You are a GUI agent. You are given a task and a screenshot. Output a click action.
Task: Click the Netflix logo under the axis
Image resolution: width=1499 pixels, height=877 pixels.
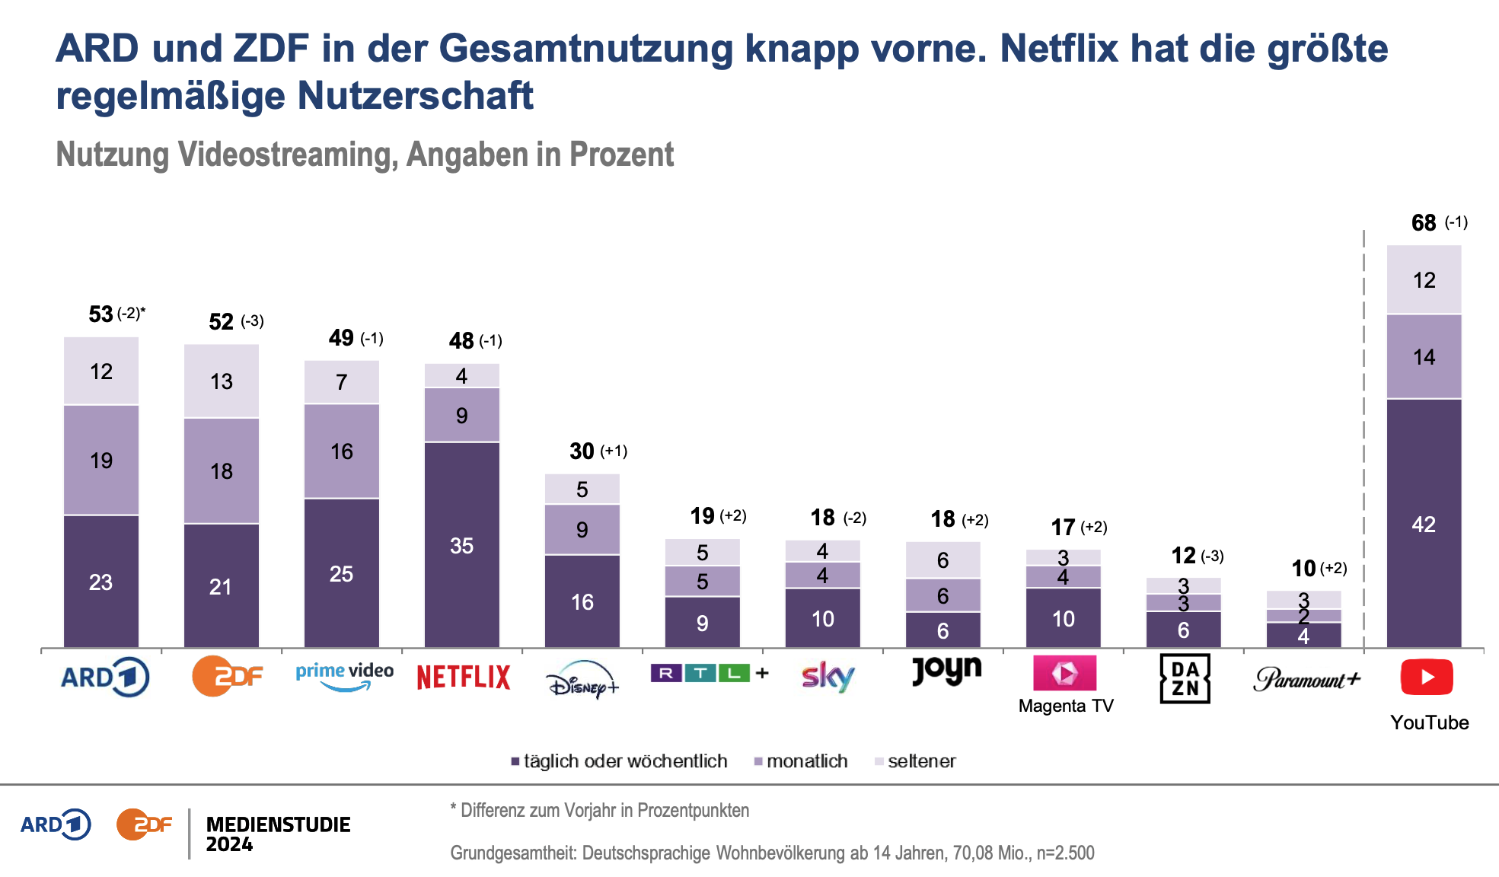tap(463, 677)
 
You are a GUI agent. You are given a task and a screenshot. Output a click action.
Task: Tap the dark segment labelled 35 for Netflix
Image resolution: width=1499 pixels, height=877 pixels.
tap(462, 545)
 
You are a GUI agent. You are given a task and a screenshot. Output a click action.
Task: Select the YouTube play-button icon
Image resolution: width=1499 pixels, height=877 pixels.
tap(1427, 677)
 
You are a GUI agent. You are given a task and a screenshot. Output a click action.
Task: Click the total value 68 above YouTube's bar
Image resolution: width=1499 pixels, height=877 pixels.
tap(1424, 223)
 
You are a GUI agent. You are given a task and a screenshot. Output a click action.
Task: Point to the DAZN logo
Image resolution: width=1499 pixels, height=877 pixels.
tap(1185, 678)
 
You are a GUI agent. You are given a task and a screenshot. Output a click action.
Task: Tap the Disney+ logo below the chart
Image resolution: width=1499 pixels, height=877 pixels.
tap(583, 678)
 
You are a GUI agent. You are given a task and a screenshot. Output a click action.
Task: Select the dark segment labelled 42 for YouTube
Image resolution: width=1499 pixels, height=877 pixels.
tap(1424, 524)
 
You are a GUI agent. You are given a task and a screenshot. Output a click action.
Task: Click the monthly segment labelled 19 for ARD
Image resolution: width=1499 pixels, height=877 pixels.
tap(101, 461)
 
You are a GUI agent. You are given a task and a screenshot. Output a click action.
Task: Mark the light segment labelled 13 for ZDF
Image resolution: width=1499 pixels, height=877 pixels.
tap(222, 381)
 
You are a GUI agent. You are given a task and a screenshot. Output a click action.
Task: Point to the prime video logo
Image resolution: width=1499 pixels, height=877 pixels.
tap(345, 675)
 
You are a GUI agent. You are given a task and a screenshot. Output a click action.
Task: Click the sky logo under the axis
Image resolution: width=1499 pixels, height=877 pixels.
tap(828, 676)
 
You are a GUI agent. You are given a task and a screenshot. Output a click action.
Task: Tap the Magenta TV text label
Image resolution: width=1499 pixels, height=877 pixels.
tap(1066, 706)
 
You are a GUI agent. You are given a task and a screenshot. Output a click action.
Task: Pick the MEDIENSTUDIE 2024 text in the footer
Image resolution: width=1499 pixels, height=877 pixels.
tap(278, 834)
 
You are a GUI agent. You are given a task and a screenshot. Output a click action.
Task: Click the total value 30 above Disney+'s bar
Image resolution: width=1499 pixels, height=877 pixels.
tap(582, 451)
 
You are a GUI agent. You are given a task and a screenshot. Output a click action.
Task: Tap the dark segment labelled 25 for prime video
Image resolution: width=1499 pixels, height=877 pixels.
tap(342, 573)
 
